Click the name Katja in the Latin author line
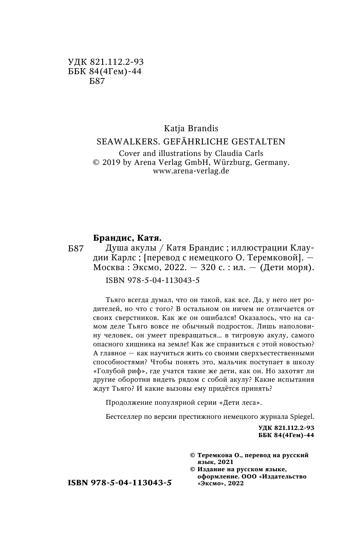(173, 128)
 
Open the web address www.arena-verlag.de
(191, 171)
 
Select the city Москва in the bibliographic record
(106, 268)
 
